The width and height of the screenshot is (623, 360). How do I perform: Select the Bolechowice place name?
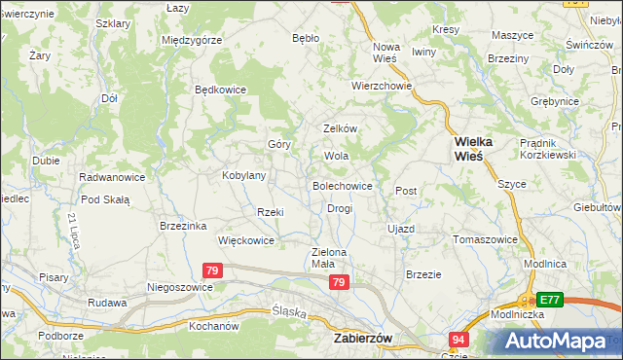pyautogui.click(x=342, y=185)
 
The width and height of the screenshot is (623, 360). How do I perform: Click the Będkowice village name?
pyautogui.click(x=220, y=90)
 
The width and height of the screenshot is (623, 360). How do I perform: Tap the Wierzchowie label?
pyautogui.click(x=383, y=86)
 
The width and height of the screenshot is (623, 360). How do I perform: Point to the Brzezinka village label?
pyautogui.click(x=183, y=226)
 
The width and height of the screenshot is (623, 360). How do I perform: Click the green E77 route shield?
pyautogui.click(x=550, y=301)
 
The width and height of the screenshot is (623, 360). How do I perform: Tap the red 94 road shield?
pyautogui.click(x=459, y=340)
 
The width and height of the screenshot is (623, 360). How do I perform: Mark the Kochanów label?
pyautogui.click(x=214, y=325)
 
